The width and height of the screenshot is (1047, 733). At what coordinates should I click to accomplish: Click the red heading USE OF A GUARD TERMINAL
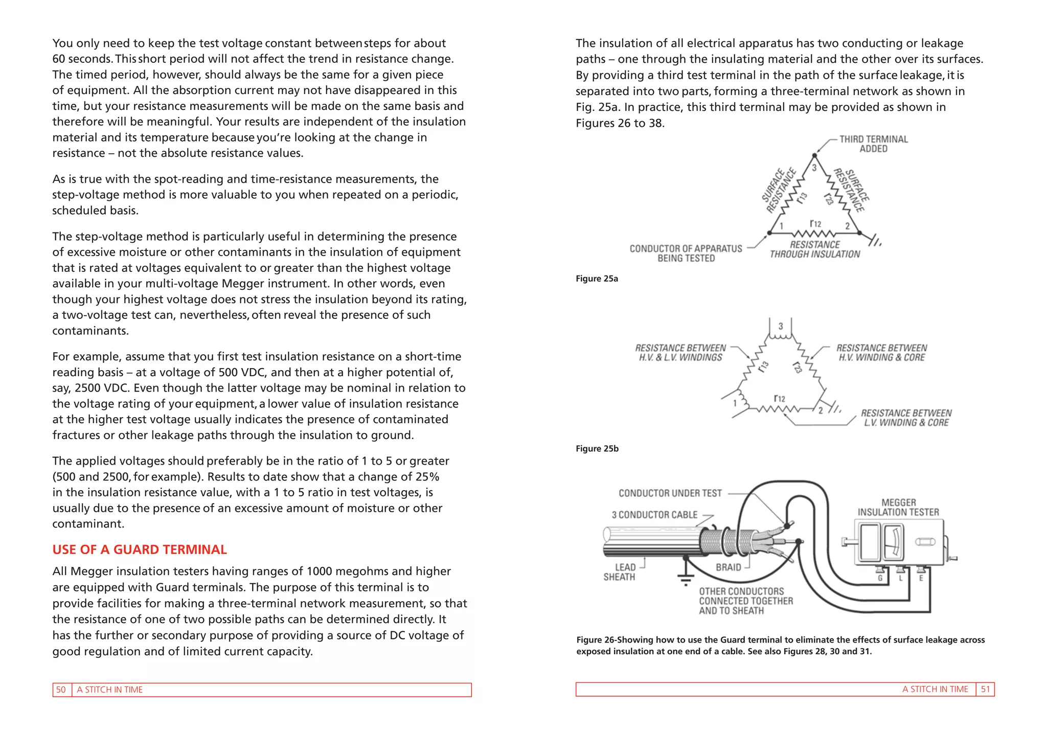[x=139, y=549]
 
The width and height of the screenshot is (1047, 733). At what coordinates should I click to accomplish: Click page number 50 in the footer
[x=61, y=690]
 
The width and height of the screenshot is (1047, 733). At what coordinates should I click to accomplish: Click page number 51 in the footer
[x=985, y=689]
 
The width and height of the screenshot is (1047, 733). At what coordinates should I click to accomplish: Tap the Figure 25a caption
[x=597, y=279]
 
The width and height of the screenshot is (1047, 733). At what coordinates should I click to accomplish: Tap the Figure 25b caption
[x=597, y=448]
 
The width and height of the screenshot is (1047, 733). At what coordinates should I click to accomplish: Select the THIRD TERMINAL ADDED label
[x=873, y=144]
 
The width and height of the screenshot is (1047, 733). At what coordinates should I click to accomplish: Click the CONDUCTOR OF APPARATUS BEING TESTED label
[x=686, y=253]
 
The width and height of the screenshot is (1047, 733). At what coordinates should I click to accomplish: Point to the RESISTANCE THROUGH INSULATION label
[x=815, y=249]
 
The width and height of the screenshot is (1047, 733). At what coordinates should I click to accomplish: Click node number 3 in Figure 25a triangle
[x=814, y=168]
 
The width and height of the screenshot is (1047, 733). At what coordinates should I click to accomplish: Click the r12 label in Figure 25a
[x=815, y=224]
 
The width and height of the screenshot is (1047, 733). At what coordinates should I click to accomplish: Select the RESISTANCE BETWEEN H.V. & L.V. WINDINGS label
[x=680, y=353]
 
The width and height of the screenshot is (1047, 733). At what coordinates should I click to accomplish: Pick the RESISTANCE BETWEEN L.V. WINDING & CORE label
[x=906, y=418]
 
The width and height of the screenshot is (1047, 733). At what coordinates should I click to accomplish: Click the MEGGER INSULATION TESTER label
[x=898, y=507]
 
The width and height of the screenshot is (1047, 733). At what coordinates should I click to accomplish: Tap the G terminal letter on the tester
[x=880, y=578]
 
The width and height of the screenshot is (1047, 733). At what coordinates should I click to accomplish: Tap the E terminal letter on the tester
[x=921, y=578]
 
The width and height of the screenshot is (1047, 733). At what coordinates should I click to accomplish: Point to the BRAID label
[x=728, y=567]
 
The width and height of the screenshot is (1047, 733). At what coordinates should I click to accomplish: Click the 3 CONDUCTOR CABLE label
[x=654, y=515]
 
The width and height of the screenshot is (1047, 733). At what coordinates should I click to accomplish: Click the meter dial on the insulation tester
[x=893, y=542]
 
